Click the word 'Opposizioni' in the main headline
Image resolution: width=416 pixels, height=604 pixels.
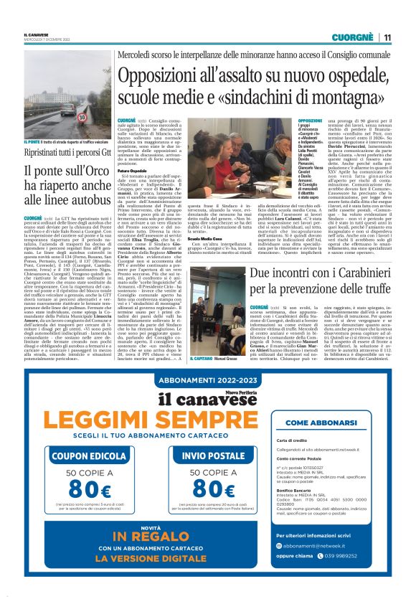(x=159, y=77)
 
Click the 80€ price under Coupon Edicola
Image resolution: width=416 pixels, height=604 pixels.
(x=87, y=489)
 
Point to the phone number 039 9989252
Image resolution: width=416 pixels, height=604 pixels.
(x=351, y=575)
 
